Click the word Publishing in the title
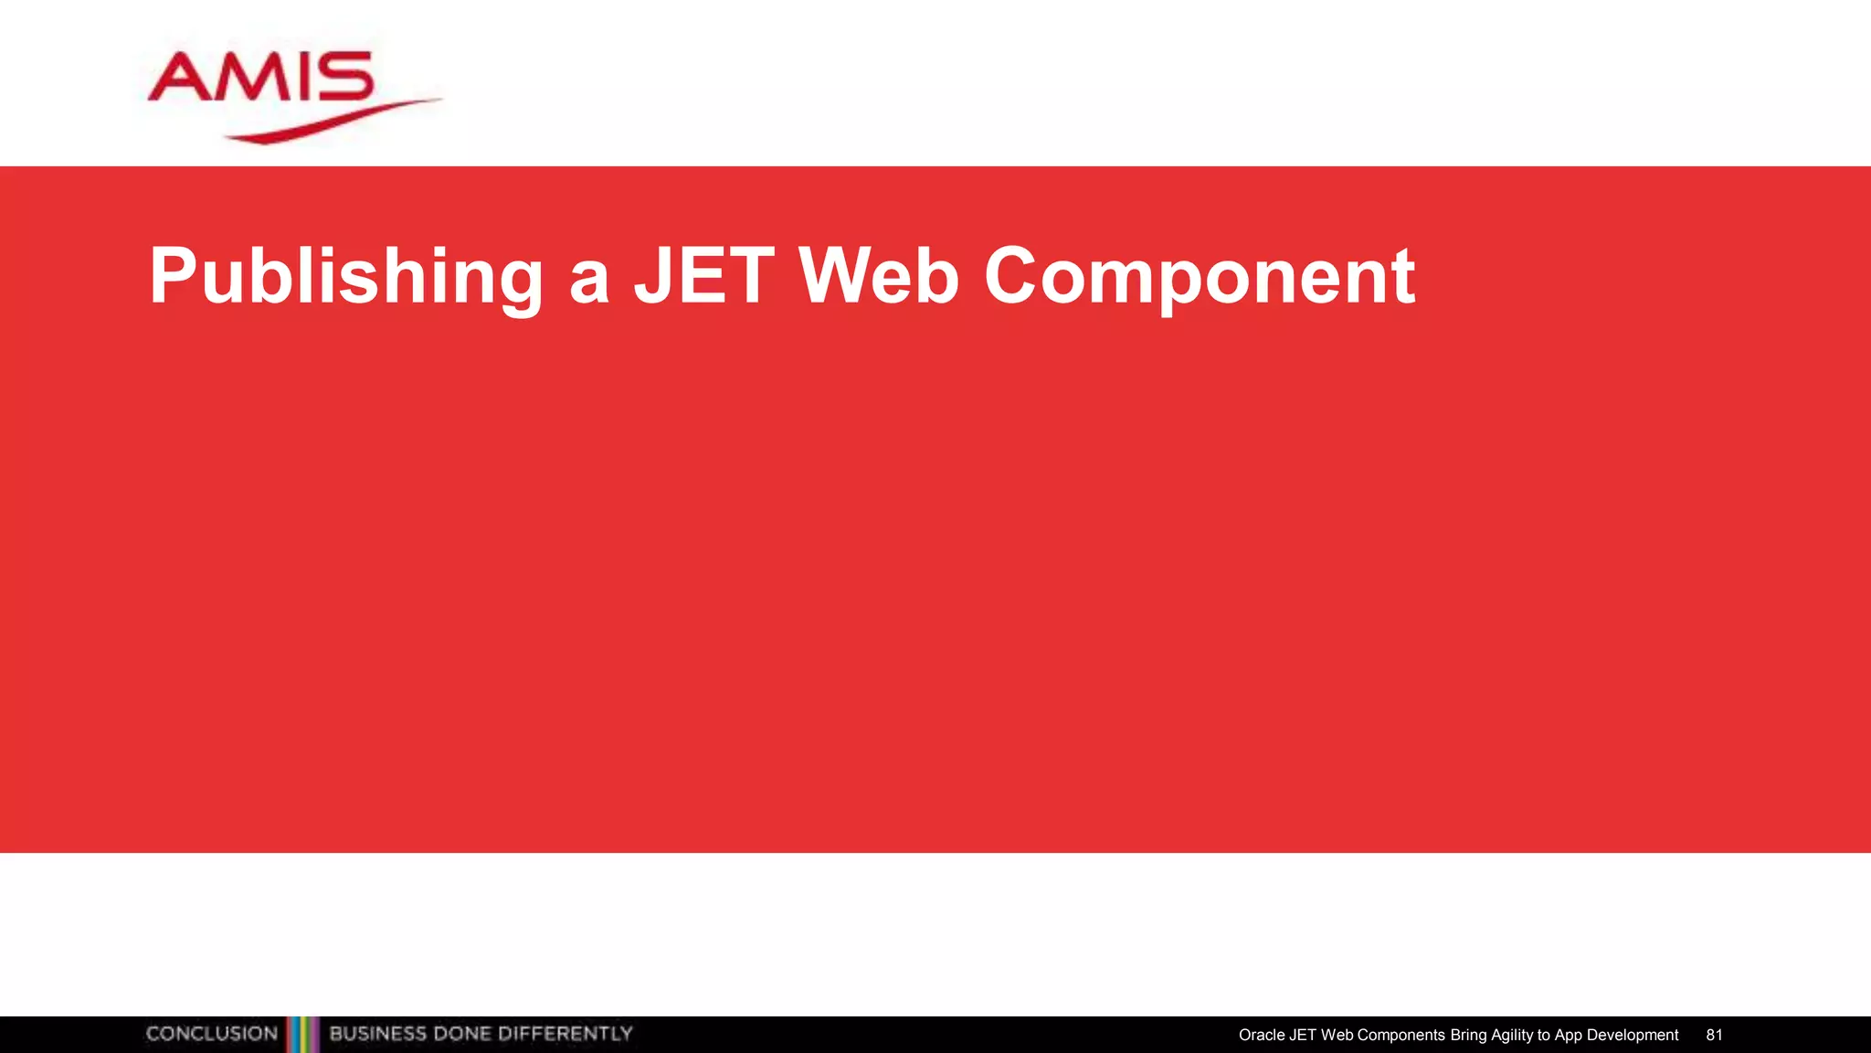tap(346, 276)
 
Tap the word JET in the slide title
tap(703, 276)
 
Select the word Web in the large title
tap(878, 276)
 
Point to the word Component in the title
tap(1199, 276)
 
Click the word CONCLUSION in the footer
tap(211, 1034)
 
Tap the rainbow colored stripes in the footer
tap(303, 1035)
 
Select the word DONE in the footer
tap(462, 1034)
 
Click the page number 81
tap(1714, 1035)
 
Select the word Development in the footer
tap(1633, 1035)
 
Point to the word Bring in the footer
tap(1468, 1035)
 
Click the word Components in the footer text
tap(1401, 1035)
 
